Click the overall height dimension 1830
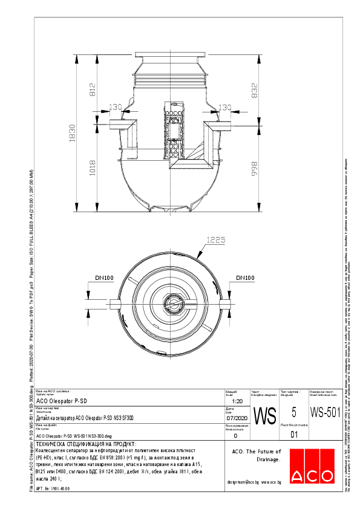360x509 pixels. (71, 133)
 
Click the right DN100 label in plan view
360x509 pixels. (245, 277)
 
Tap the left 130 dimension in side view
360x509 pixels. (115, 107)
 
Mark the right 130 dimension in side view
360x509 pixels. (224, 107)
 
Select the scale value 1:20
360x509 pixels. (237, 401)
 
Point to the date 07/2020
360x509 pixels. (237, 418)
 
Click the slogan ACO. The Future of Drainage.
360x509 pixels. (257, 455)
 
